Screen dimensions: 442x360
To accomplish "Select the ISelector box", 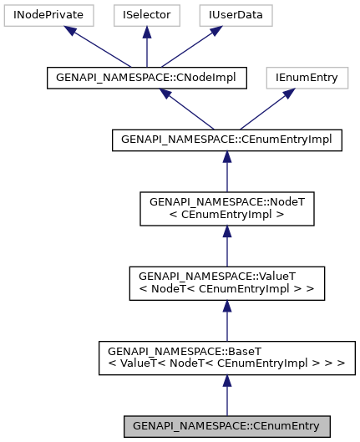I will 146,15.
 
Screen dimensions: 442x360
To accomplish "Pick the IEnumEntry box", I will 306,78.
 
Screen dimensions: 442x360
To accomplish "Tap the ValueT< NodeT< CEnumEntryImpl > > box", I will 226,283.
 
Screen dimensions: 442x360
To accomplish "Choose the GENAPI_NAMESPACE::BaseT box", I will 226,358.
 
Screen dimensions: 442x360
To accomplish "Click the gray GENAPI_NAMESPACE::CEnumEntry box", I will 226,425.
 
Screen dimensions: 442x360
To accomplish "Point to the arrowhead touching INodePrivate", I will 73,31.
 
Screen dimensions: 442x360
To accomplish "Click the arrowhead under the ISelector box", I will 146,32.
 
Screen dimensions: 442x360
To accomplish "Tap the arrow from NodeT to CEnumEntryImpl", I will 226,172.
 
